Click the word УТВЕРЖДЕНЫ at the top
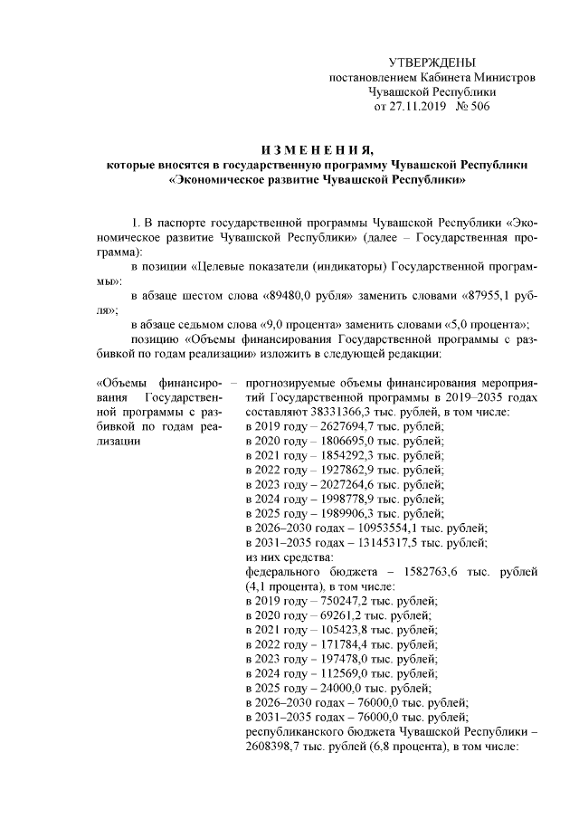tap(431, 62)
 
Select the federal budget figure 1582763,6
tap(427, 572)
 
